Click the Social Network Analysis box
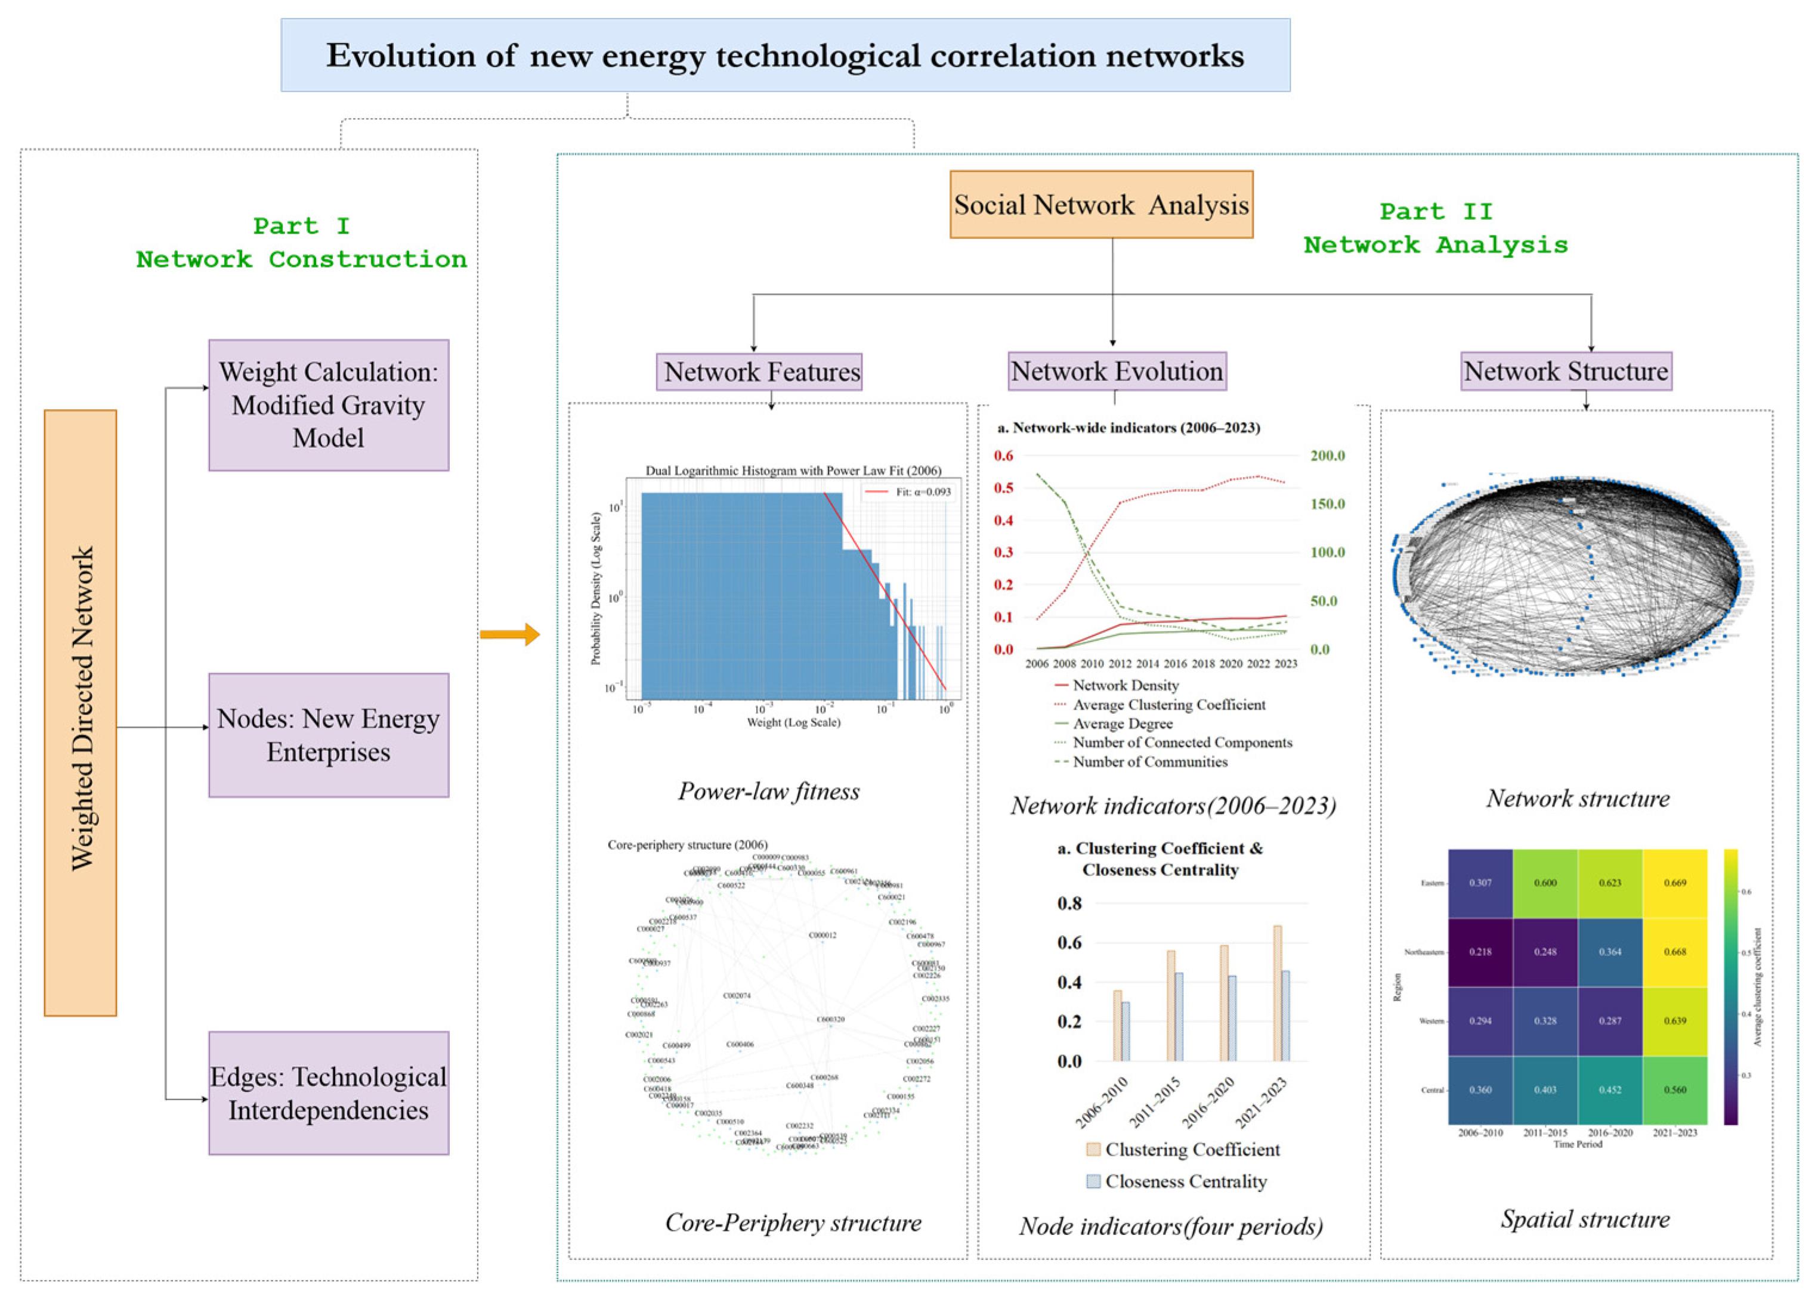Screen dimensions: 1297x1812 1100,205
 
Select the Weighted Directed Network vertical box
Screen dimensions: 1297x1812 81,713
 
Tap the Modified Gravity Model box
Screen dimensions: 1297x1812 328,405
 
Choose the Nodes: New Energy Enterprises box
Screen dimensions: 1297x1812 328,735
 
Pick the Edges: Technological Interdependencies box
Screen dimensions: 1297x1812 328,1092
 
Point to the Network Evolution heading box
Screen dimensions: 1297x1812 1117,372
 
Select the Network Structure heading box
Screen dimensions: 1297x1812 1565,372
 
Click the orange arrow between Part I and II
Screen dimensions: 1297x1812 509,635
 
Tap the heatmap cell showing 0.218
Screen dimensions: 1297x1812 1480,952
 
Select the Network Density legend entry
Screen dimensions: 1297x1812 1124,685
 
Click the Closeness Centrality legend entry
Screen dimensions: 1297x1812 1185,1181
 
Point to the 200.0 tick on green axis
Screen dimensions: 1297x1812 1327,456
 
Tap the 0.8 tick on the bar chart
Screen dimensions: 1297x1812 1069,903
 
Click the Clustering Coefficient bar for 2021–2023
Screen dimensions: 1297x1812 1278,993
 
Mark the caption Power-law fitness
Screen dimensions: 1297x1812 768,791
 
